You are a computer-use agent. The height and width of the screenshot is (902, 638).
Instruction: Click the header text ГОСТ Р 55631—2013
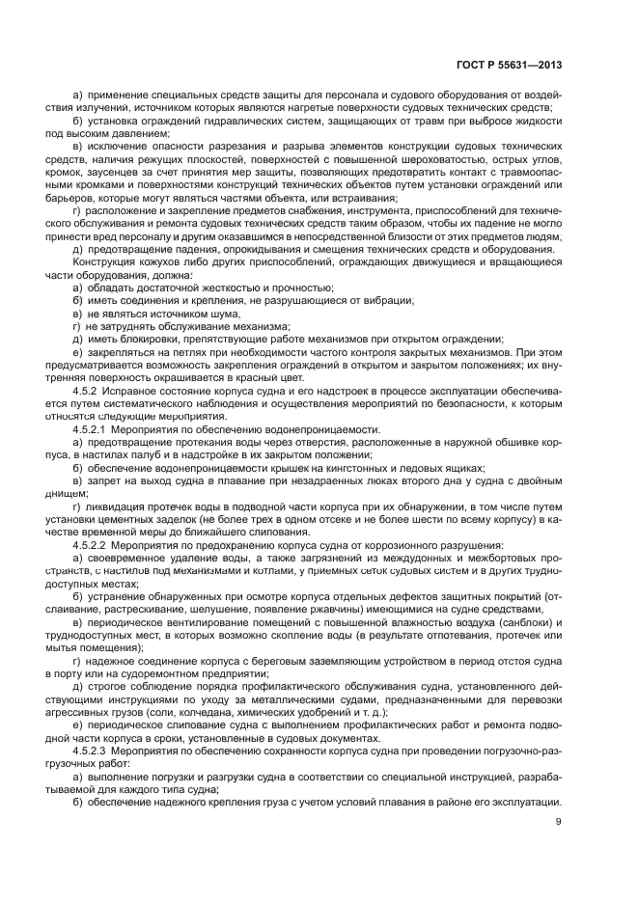[510, 65]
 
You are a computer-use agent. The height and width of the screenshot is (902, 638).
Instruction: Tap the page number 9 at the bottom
[559, 821]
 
